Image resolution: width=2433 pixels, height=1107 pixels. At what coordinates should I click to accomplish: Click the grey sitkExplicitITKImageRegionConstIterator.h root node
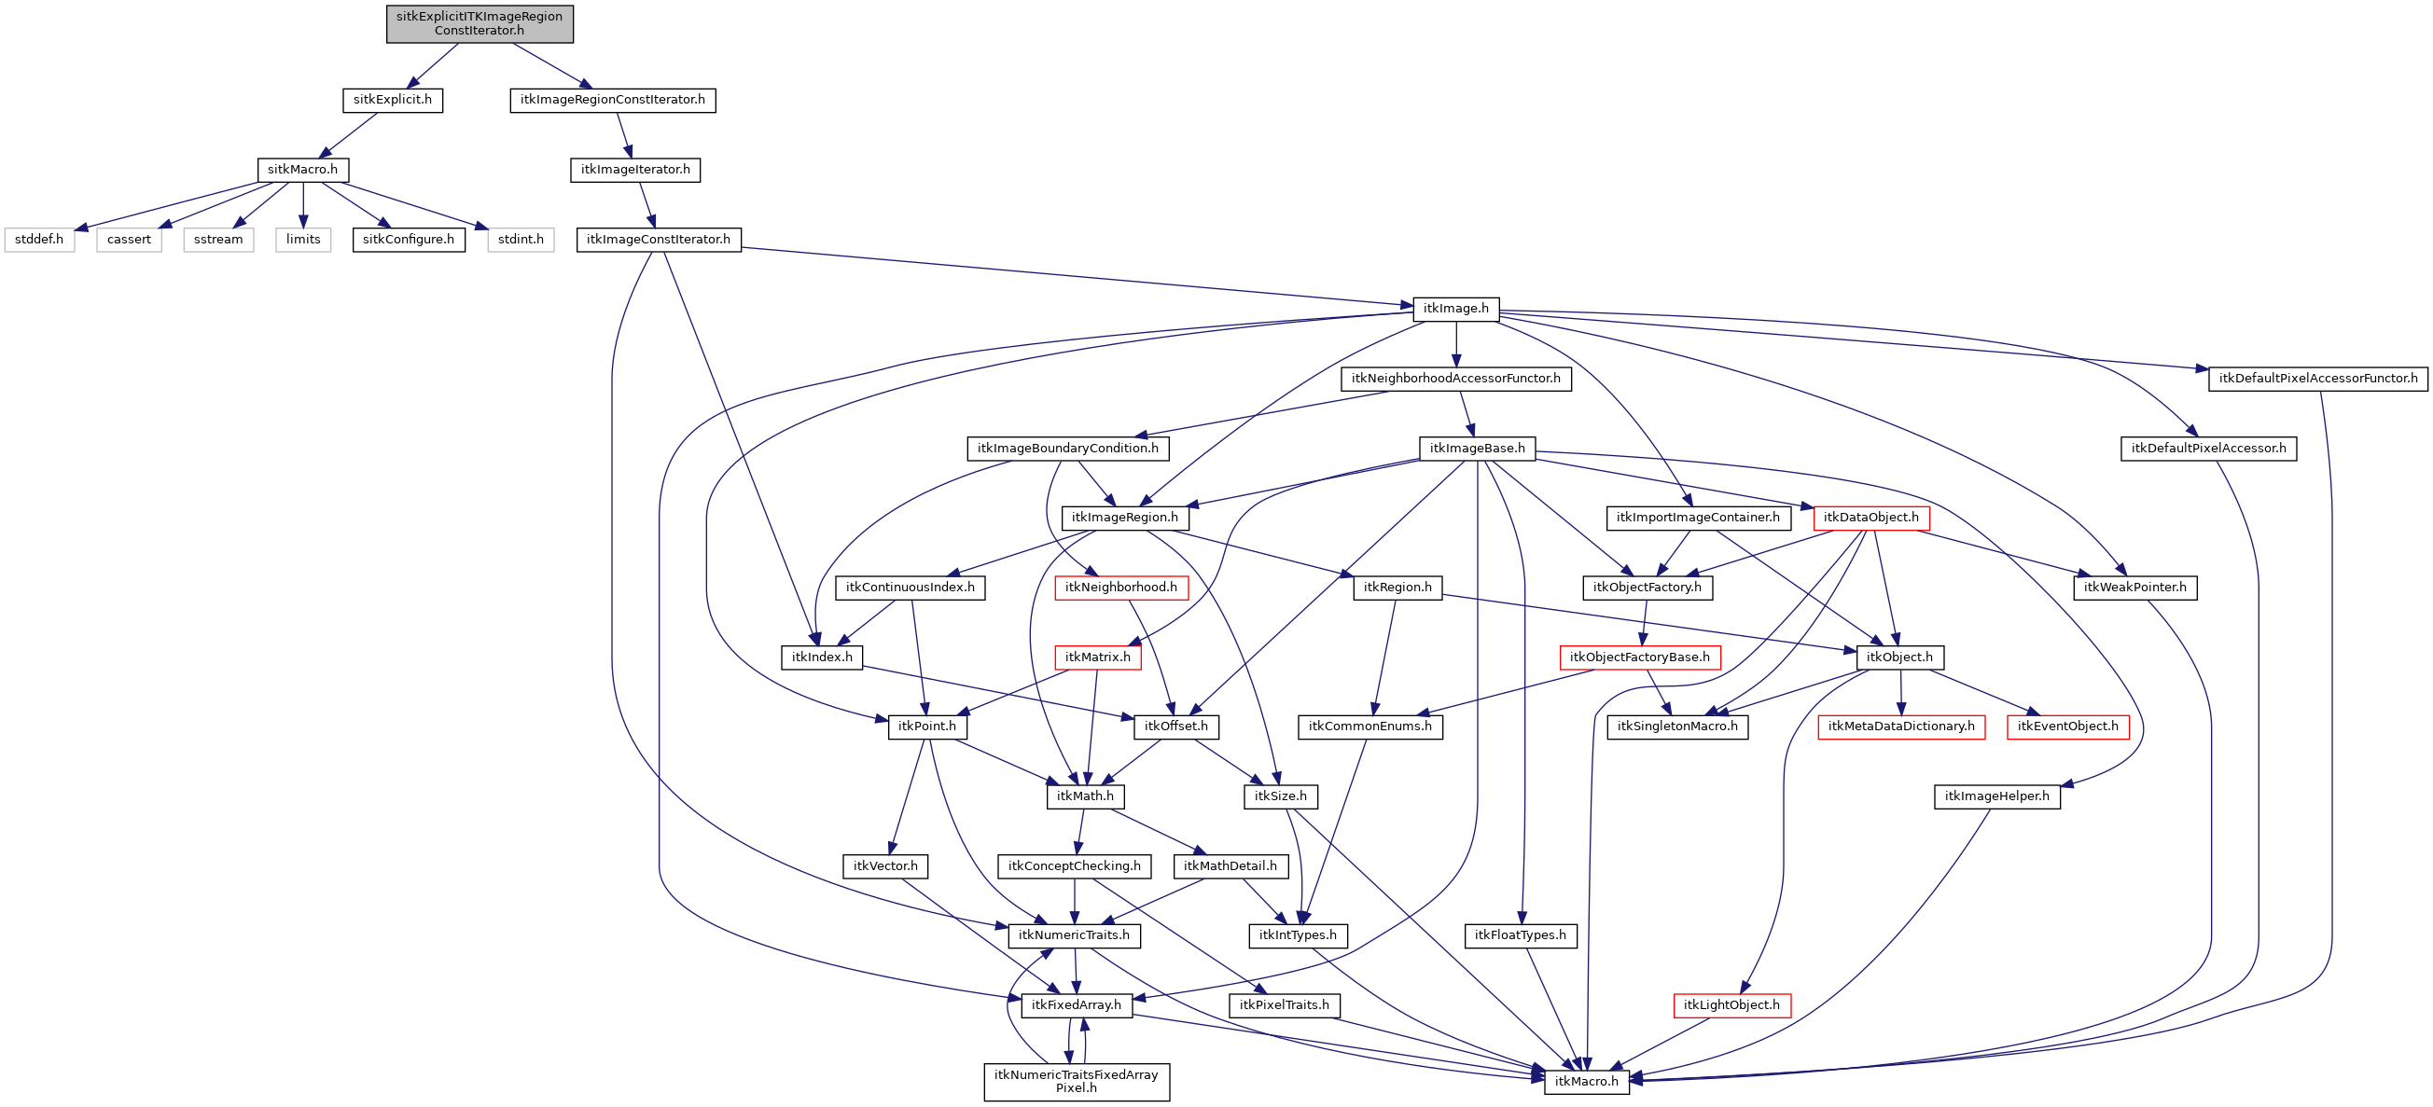pyautogui.click(x=479, y=23)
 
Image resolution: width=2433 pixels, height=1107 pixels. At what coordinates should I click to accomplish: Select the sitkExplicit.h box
pyautogui.click(x=392, y=100)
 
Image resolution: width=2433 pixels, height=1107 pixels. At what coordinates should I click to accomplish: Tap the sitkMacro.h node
pyautogui.click(x=302, y=170)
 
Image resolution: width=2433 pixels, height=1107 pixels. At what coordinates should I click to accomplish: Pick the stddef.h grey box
pyautogui.click(x=39, y=240)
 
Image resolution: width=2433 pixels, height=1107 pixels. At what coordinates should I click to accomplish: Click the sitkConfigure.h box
pyautogui.click(x=408, y=240)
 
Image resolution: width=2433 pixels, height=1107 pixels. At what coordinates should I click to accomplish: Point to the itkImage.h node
pyautogui.click(x=1455, y=309)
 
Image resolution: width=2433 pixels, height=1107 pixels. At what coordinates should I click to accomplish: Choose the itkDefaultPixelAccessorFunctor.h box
pyautogui.click(x=2317, y=379)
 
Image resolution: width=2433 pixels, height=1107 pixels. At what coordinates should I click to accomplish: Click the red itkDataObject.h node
pyautogui.click(x=1870, y=518)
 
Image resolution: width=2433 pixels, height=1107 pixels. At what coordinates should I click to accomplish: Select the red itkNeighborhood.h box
pyautogui.click(x=1120, y=588)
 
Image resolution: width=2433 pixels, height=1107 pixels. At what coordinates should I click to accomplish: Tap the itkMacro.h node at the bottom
pyautogui.click(x=1586, y=1082)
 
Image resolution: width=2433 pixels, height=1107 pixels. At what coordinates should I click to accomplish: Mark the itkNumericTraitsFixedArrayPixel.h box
pyautogui.click(x=1076, y=1082)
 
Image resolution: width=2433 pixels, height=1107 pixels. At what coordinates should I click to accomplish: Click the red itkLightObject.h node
pyautogui.click(x=1731, y=1005)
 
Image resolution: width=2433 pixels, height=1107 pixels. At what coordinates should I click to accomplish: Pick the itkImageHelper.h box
pyautogui.click(x=1996, y=796)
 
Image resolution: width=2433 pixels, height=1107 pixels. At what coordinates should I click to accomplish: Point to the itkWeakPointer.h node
pyautogui.click(x=2134, y=588)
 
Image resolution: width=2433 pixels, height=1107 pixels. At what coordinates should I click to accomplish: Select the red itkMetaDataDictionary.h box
pyautogui.click(x=1901, y=726)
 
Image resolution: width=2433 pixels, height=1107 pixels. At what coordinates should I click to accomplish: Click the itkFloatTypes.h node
pyautogui.click(x=1520, y=935)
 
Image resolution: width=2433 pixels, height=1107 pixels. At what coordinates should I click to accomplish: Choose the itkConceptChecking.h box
pyautogui.click(x=1074, y=866)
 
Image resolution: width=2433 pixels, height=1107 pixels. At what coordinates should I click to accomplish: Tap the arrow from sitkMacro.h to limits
pyautogui.click(x=303, y=205)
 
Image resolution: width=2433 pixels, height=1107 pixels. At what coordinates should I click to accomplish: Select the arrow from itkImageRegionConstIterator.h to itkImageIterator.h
pyautogui.click(x=624, y=135)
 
